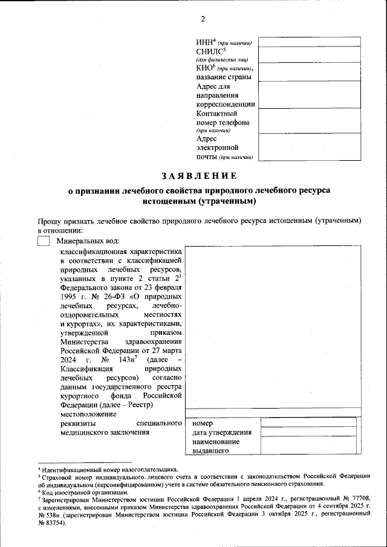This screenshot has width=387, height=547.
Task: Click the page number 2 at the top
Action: point(203,19)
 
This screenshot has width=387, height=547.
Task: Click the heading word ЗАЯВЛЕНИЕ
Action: point(198,176)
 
